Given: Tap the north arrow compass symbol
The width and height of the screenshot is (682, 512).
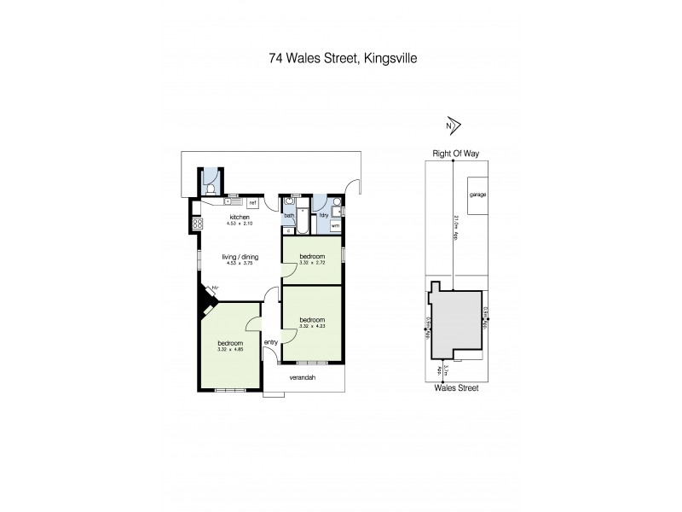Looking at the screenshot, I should click(x=452, y=125).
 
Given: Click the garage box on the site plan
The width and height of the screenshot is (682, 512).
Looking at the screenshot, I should click(x=477, y=195).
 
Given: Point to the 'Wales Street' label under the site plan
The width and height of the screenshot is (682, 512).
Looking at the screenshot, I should click(x=454, y=388).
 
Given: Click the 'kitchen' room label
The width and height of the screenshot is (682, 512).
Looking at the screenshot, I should click(x=240, y=218).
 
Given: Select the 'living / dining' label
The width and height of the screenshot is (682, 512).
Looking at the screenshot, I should click(x=240, y=257).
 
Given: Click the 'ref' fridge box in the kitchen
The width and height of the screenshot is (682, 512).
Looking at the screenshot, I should click(x=253, y=203).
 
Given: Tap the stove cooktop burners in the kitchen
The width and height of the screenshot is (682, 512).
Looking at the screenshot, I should click(x=196, y=224).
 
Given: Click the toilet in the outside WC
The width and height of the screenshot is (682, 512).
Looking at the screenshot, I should click(x=211, y=189).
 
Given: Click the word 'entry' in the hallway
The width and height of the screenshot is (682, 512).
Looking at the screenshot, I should click(x=271, y=342).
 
